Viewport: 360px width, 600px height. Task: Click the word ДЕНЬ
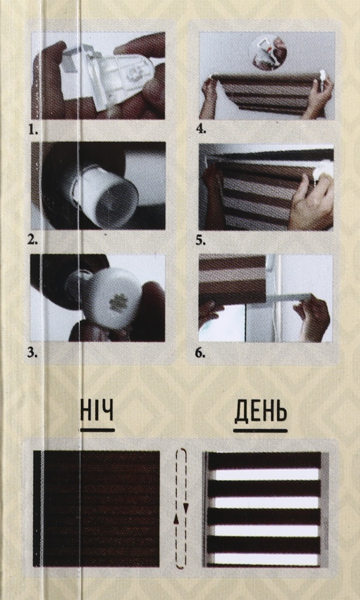259,413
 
